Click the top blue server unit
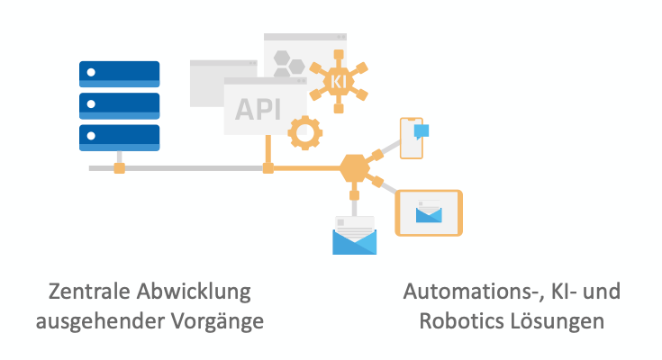[120, 73]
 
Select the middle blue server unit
[120, 105]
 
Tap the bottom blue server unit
[120, 137]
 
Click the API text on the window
[258, 108]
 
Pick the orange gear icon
[304, 133]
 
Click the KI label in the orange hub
[339, 81]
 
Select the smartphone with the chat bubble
[412, 138]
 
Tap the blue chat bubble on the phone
[421, 130]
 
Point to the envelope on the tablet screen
[429, 213]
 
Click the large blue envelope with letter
[354, 237]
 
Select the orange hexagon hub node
[355, 167]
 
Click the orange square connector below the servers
[119, 168]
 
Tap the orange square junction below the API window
[268, 168]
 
